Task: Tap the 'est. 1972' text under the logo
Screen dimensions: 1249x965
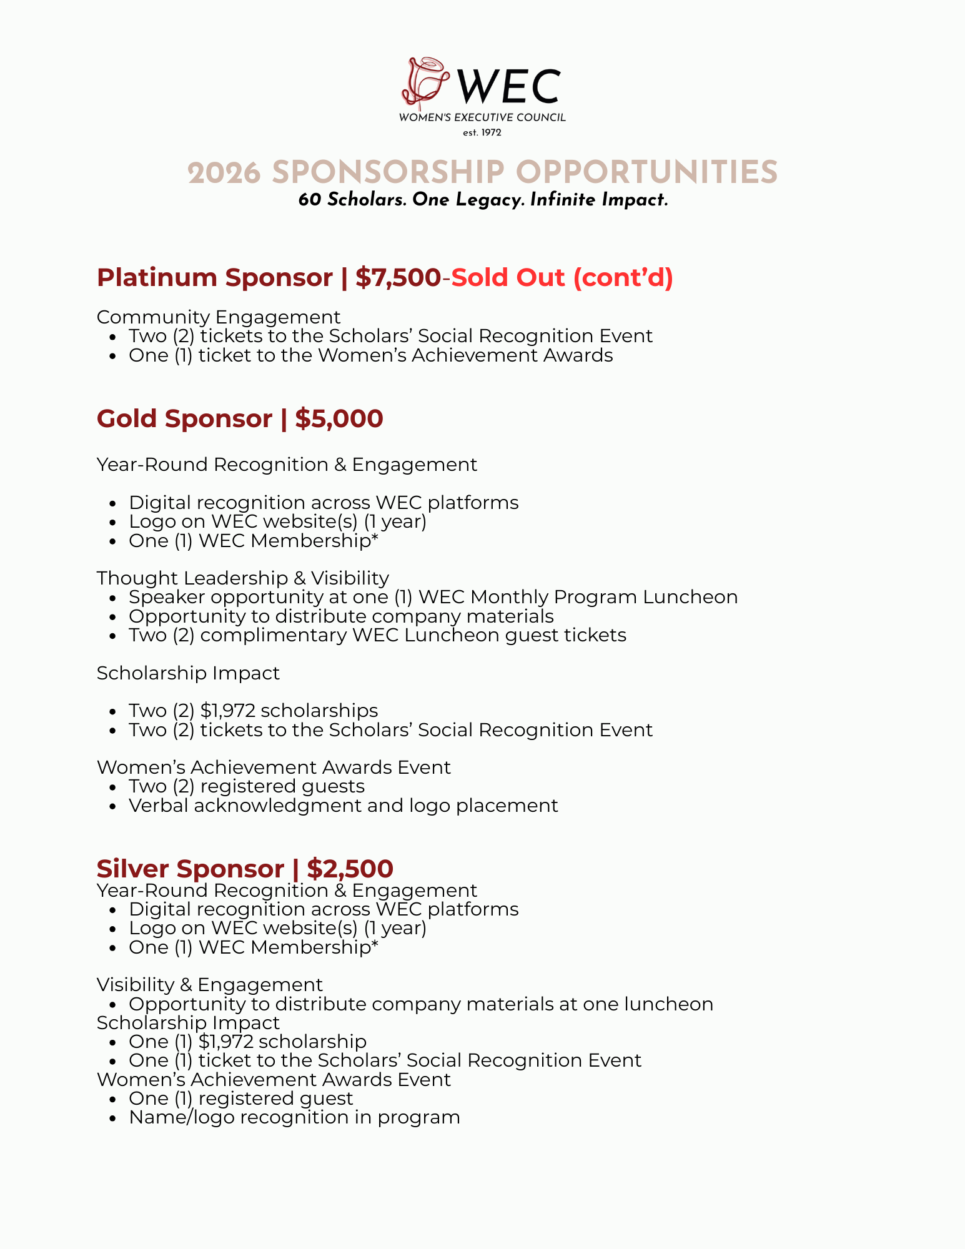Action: click(482, 132)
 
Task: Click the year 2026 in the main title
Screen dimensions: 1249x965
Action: click(224, 173)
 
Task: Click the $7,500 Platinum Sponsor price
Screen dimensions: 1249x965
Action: click(398, 277)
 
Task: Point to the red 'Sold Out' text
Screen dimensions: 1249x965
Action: click(508, 277)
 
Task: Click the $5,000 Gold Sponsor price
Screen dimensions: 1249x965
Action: click(339, 418)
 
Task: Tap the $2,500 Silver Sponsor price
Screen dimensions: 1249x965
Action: click(350, 869)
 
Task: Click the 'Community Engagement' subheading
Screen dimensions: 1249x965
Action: click(219, 317)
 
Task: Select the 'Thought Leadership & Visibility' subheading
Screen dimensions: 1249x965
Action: click(243, 578)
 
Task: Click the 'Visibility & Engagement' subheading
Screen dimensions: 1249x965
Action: click(210, 985)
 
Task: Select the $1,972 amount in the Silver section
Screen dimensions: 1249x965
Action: click(226, 1042)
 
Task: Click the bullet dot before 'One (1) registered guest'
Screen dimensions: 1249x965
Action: click(112, 1099)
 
